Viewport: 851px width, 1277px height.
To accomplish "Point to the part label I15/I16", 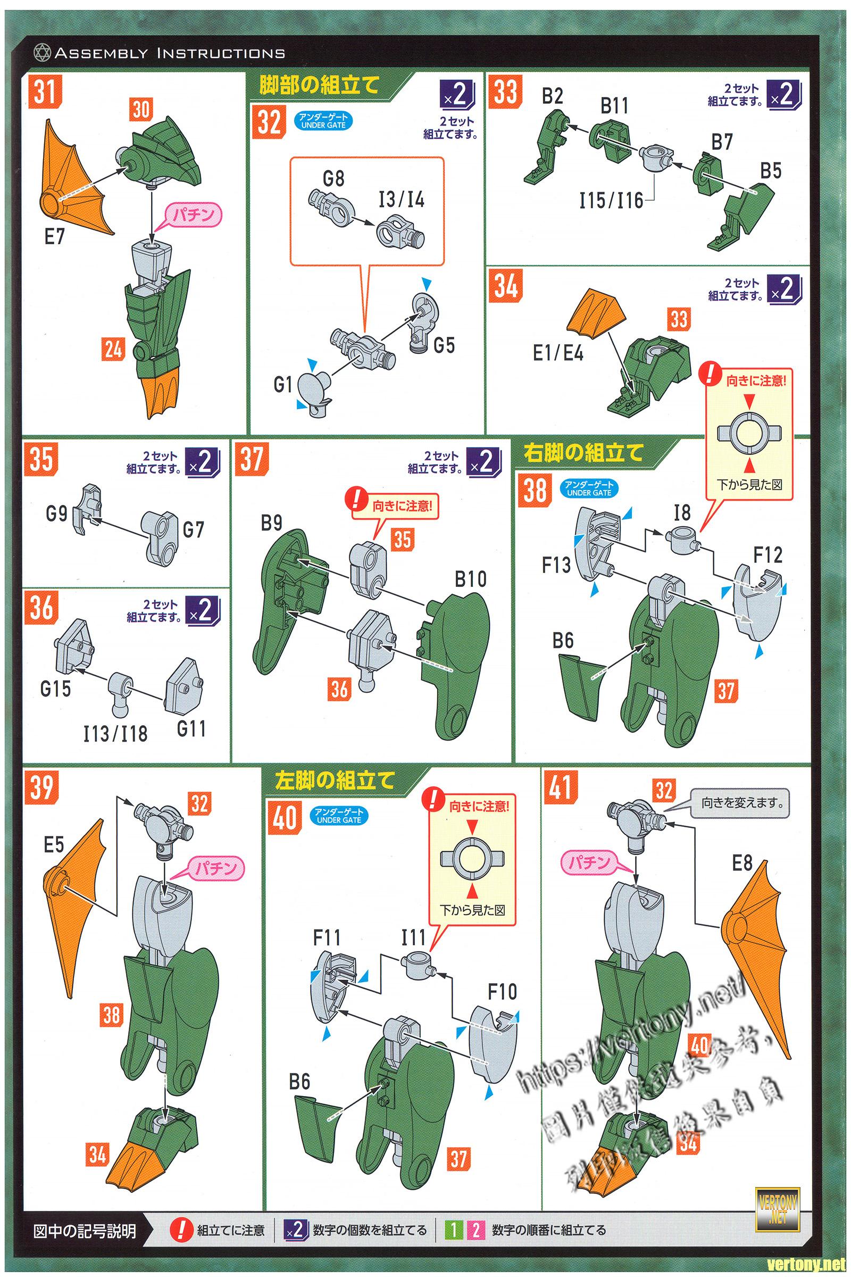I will [x=611, y=202].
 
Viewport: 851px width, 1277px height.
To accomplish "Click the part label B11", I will [x=614, y=105].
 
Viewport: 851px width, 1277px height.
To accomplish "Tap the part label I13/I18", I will [x=115, y=734].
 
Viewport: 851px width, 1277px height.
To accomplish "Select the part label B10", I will [x=471, y=579].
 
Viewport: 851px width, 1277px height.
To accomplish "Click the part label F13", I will [x=556, y=566].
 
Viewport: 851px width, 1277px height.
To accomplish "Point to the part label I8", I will [x=682, y=512].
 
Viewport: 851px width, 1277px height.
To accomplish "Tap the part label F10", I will [x=502, y=992].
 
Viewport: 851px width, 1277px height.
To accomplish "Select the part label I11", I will [x=413, y=938].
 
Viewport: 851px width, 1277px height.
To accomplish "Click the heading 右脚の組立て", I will [x=584, y=452].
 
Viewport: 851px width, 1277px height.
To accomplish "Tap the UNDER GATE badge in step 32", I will [x=323, y=121].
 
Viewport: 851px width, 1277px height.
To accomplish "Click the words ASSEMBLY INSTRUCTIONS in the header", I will [x=169, y=53].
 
